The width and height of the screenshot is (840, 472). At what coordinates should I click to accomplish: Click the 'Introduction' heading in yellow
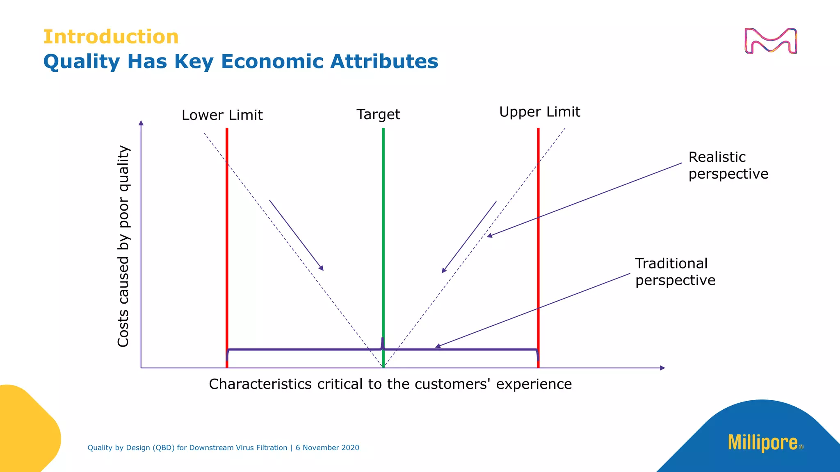click(x=111, y=37)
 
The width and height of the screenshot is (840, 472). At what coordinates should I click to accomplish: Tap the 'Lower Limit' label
click(x=222, y=115)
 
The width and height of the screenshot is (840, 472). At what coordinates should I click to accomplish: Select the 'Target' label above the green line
click(x=378, y=114)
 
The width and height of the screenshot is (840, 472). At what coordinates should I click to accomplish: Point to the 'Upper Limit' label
click(x=539, y=112)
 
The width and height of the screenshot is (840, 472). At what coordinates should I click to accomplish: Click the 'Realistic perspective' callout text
click(x=728, y=165)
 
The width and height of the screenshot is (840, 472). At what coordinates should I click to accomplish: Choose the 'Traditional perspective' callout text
click(x=675, y=272)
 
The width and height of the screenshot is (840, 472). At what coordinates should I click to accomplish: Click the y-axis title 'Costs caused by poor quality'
click(x=123, y=246)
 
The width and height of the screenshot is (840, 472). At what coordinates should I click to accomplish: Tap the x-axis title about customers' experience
click(x=390, y=384)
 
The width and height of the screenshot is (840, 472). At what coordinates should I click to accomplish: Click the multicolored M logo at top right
click(x=771, y=41)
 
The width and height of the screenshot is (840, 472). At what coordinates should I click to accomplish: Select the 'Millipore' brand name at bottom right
click(x=763, y=442)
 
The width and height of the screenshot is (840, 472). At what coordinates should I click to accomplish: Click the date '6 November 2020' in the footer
click(x=327, y=448)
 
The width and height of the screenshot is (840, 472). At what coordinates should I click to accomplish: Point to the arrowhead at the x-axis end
click(x=662, y=368)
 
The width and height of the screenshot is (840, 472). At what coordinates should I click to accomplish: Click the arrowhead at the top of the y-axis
click(x=141, y=123)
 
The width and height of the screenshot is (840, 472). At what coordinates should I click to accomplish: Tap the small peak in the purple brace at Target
click(x=383, y=343)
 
